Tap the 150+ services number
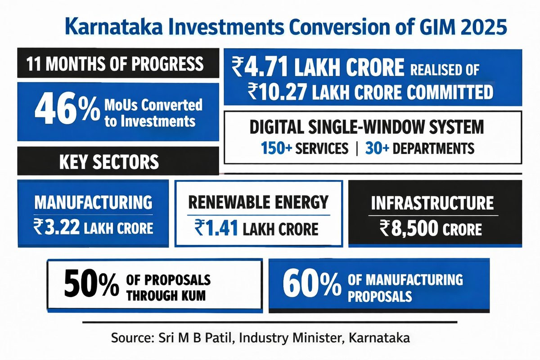coord(277,148)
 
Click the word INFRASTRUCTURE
coord(432,203)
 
